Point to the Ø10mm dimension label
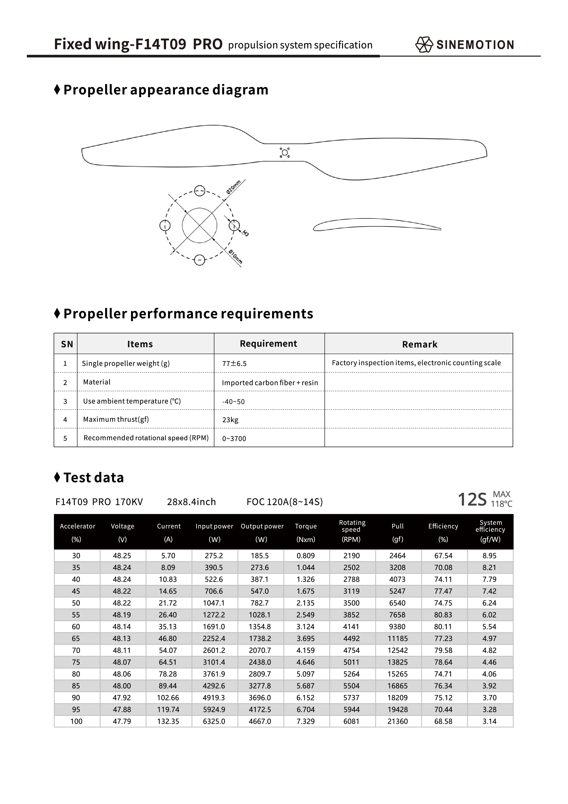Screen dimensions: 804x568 235,257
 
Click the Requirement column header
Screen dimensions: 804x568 268,344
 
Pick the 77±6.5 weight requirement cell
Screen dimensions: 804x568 234,363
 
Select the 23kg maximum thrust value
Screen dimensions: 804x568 230,420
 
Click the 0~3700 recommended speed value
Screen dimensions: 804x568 234,438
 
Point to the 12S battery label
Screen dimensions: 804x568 472,499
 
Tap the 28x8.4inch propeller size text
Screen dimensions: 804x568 191,502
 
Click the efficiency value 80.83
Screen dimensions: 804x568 443,615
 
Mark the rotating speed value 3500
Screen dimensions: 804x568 351,603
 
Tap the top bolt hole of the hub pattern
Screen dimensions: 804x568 199,191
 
